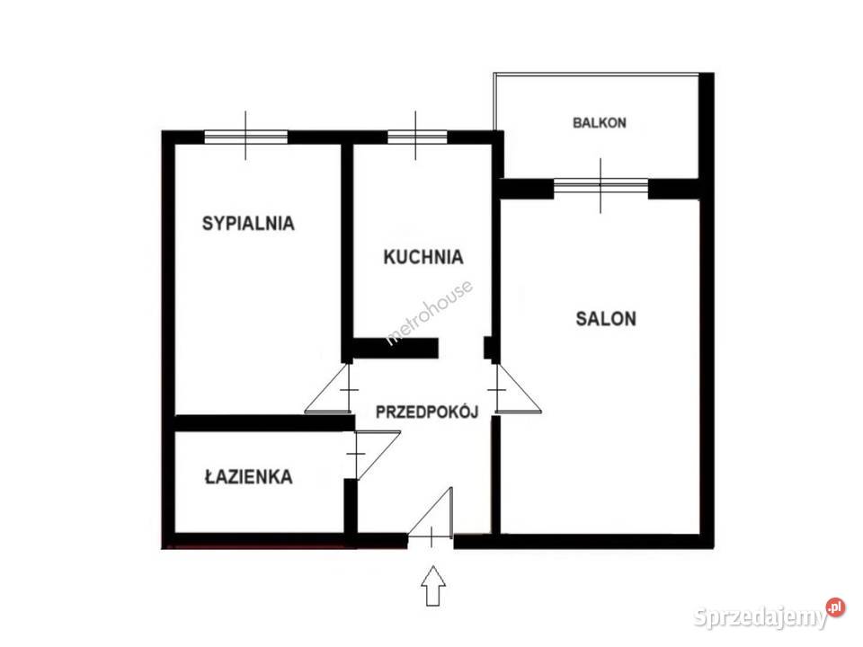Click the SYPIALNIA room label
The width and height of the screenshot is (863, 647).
(249, 223)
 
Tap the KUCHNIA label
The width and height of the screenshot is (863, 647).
(423, 257)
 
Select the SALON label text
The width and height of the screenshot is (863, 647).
(606, 318)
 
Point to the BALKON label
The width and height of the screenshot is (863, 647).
(600, 123)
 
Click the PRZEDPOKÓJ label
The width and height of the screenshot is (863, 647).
(426, 412)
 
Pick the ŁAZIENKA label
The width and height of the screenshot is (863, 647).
(248, 477)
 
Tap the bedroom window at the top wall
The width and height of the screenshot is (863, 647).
(245, 137)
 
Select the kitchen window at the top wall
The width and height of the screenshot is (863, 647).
(416, 137)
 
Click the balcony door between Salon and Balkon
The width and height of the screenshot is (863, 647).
(601, 188)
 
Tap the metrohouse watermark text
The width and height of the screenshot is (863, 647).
(429, 312)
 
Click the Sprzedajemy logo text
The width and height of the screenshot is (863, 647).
(760, 617)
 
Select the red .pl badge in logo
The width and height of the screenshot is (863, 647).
(835, 607)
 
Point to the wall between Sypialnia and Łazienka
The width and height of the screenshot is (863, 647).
(261, 422)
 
